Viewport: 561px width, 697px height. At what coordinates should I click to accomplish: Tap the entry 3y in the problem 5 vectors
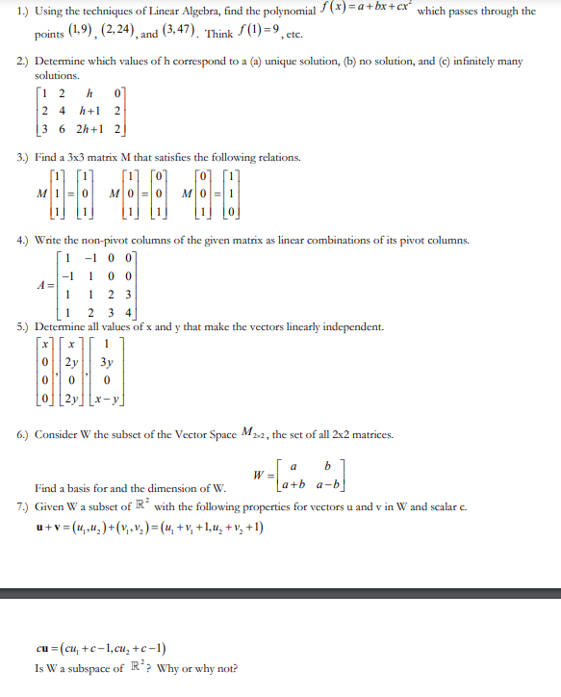tap(108, 364)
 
